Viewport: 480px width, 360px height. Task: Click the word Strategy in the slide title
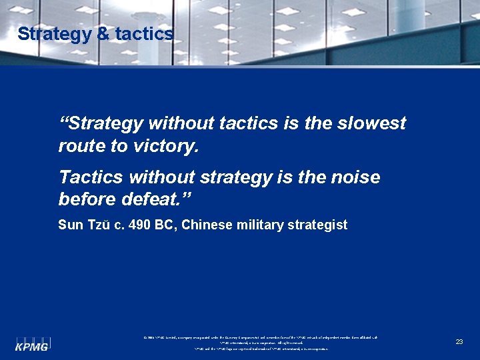pos(54,35)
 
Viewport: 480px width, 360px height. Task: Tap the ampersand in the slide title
pos(103,35)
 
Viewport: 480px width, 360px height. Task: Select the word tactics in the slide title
pos(145,35)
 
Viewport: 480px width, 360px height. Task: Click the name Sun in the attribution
pos(70,225)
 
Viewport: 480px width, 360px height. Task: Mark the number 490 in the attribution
pos(137,225)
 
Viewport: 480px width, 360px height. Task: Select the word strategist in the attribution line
pos(317,225)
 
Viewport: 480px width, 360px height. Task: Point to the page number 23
pos(459,341)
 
